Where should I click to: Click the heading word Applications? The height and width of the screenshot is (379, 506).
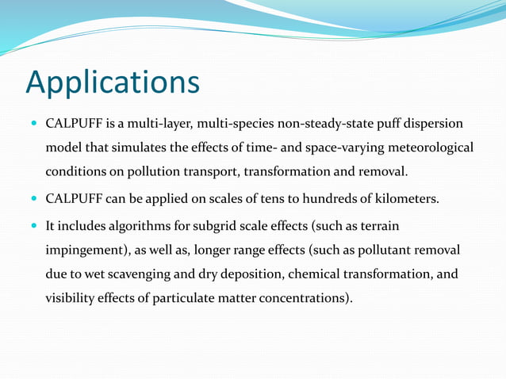(112, 82)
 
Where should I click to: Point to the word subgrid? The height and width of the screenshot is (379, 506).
(217, 226)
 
